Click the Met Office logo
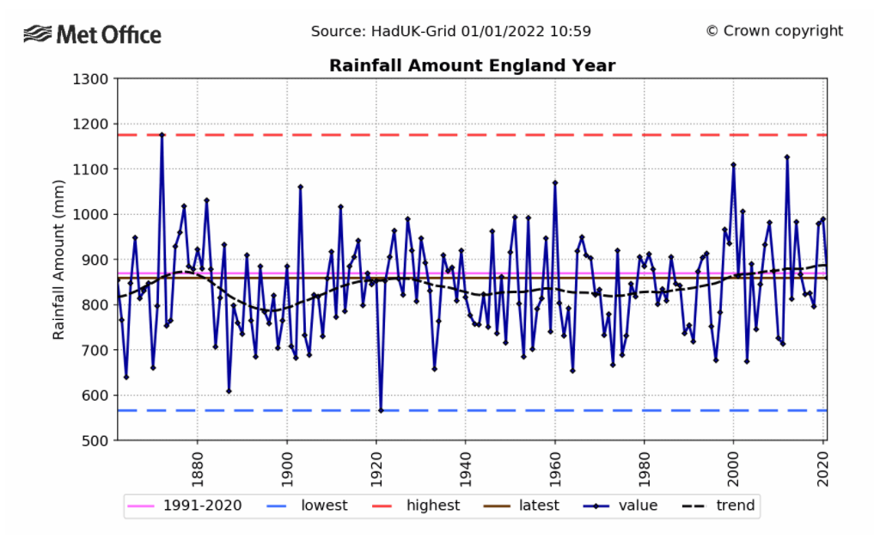coord(93,34)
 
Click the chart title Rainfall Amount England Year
coord(472,66)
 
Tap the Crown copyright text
coord(774,31)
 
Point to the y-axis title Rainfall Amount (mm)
coord(58,259)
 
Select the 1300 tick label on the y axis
coord(90,79)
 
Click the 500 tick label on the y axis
coord(95,440)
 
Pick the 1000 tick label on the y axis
coord(90,214)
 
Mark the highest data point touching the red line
coord(162,134)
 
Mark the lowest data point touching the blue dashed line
coord(381,410)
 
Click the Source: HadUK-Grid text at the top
coord(450,31)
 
